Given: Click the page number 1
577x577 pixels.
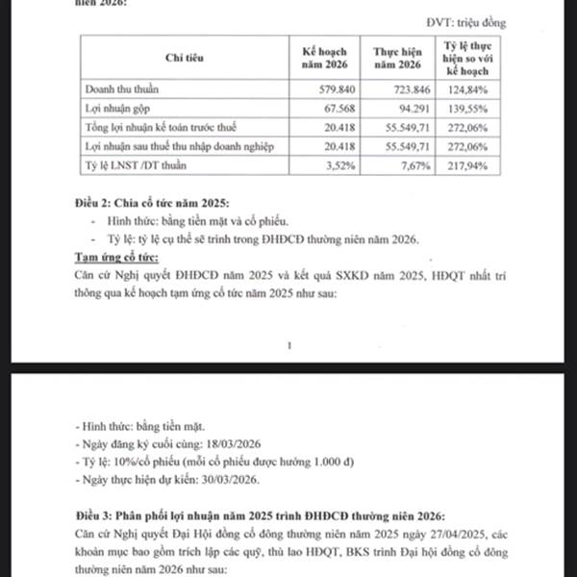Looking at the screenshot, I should (289, 343).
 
